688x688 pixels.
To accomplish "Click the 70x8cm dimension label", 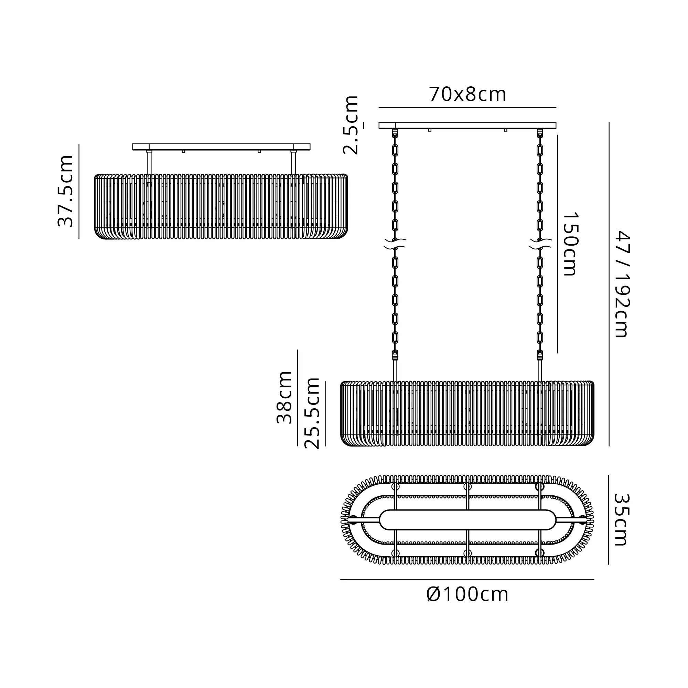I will pos(467,95).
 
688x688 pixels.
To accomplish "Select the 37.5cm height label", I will pos(65,191).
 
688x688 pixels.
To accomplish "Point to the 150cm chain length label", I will pos(570,244).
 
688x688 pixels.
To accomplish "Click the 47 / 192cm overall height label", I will pos(623,284).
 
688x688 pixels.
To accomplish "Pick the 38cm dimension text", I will pos(284,397).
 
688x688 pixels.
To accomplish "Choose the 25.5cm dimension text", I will pos(313,413).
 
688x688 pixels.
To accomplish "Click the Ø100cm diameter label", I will pos(467,594).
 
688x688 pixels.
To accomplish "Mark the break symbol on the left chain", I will pos(395,244).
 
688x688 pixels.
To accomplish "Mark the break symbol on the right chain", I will pos(540,244).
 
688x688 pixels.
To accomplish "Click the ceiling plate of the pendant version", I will pos(467,125).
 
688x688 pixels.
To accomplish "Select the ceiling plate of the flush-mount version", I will pos(221,147).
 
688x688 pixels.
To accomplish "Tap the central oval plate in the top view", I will pos(467,519).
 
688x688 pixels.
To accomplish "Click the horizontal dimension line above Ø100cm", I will pos(467,579).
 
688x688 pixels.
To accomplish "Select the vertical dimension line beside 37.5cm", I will pos(79,191).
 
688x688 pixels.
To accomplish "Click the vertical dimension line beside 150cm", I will pos(557,244).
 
